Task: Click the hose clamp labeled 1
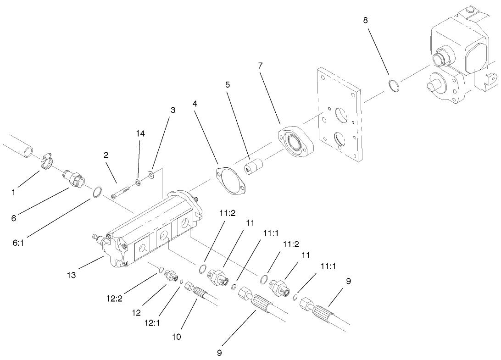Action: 47,161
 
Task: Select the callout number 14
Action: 140,133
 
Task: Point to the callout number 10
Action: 177,337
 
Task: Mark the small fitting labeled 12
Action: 171,276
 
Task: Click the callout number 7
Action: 260,66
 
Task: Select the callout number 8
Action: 365,20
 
